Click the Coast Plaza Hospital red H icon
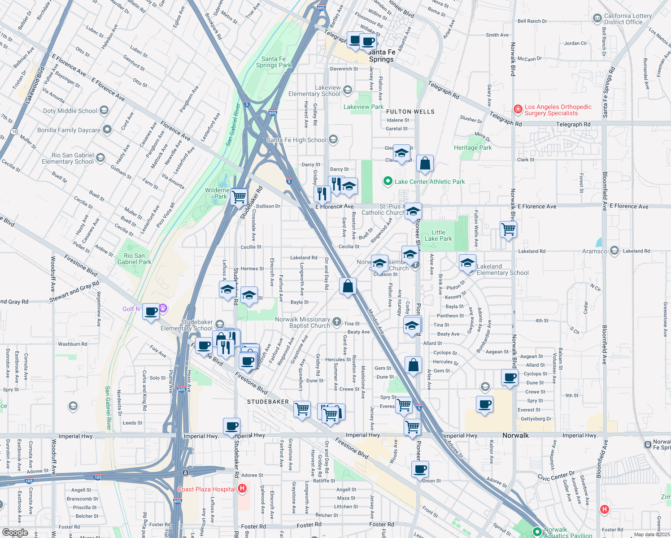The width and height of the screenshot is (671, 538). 242,488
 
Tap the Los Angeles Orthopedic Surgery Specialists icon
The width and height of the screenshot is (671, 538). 518,109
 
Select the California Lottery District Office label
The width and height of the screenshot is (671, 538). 627,19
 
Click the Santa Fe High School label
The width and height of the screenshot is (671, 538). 296,140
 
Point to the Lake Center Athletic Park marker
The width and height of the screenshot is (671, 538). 388,181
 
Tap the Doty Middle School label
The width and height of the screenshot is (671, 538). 70,111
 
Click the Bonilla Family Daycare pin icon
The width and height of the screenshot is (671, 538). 107,130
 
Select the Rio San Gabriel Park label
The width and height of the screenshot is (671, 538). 134,259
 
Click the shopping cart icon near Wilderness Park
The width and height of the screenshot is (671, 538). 240,196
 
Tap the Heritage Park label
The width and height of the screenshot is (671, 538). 473,148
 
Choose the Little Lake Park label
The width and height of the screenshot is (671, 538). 438,235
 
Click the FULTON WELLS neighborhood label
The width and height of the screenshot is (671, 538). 410,112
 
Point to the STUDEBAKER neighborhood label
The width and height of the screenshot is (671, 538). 268,402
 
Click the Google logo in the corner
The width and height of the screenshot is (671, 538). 15,533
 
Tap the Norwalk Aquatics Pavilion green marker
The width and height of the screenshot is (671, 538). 537,531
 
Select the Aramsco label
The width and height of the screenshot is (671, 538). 594,251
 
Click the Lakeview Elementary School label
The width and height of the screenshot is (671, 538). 314,91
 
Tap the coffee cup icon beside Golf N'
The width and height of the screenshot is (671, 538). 152,311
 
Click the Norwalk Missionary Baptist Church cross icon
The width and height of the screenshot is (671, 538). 337,321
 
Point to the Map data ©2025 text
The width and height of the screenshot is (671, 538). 652,534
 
